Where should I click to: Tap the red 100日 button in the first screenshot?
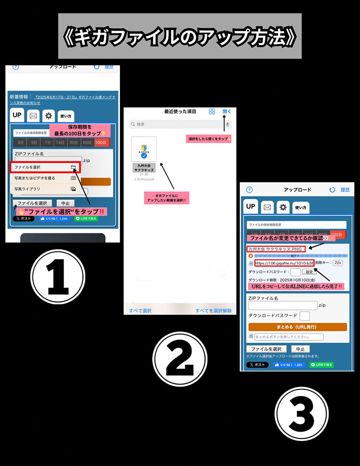tap(101, 143)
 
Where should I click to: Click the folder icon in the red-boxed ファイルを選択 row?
tap(73, 167)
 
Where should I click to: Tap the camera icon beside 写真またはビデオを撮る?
tap(73, 178)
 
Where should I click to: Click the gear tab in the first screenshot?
tap(48, 116)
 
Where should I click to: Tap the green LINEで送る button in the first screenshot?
tap(85, 218)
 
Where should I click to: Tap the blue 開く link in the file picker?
tap(227, 111)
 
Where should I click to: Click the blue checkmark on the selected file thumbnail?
tap(144, 156)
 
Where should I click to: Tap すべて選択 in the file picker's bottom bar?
tap(140, 310)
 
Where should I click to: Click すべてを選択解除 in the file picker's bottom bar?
tap(213, 310)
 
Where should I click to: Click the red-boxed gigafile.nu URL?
tap(284, 263)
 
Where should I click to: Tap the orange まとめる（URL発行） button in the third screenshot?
tap(297, 327)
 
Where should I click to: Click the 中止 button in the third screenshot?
tap(300, 349)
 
